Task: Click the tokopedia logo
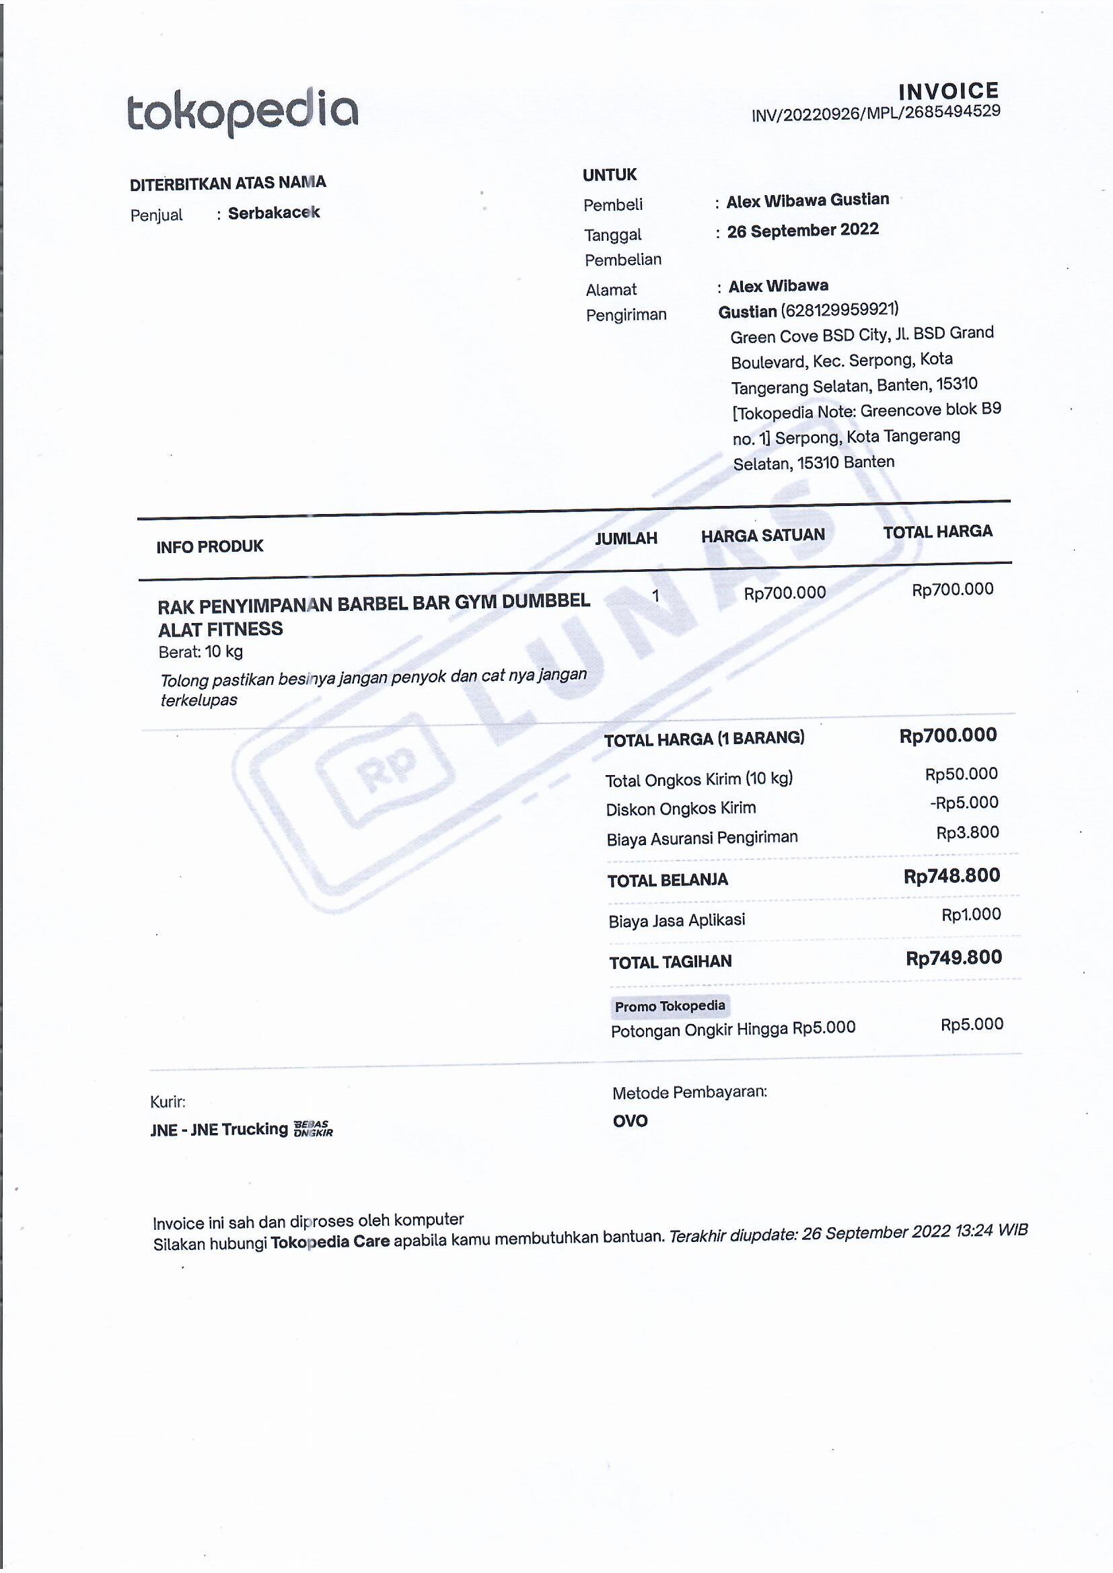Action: tap(242, 111)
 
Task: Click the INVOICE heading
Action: tap(949, 91)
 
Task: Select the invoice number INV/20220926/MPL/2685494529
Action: tap(876, 113)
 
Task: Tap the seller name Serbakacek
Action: tap(273, 213)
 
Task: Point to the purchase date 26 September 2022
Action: tap(803, 230)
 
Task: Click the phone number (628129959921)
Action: tap(840, 309)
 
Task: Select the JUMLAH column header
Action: tap(626, 538)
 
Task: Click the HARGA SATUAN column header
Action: tap(763, 535)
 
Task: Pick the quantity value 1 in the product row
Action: tap(655, 595)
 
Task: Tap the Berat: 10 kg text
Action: tap(200, 651)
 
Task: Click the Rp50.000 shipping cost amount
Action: tap(961, 774)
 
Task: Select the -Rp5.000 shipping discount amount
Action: tap(964, 802)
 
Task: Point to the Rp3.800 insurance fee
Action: tap(967, 832)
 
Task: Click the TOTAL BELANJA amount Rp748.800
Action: tap(952, 875)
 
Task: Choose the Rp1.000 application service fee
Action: tap(970, 914)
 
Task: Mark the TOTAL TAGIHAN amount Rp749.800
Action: tap(954, 958)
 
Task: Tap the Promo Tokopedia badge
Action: tap(670, 1006)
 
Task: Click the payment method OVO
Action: tap(630, 1121)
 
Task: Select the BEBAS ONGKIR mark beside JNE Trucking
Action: tap(313, 1128)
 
